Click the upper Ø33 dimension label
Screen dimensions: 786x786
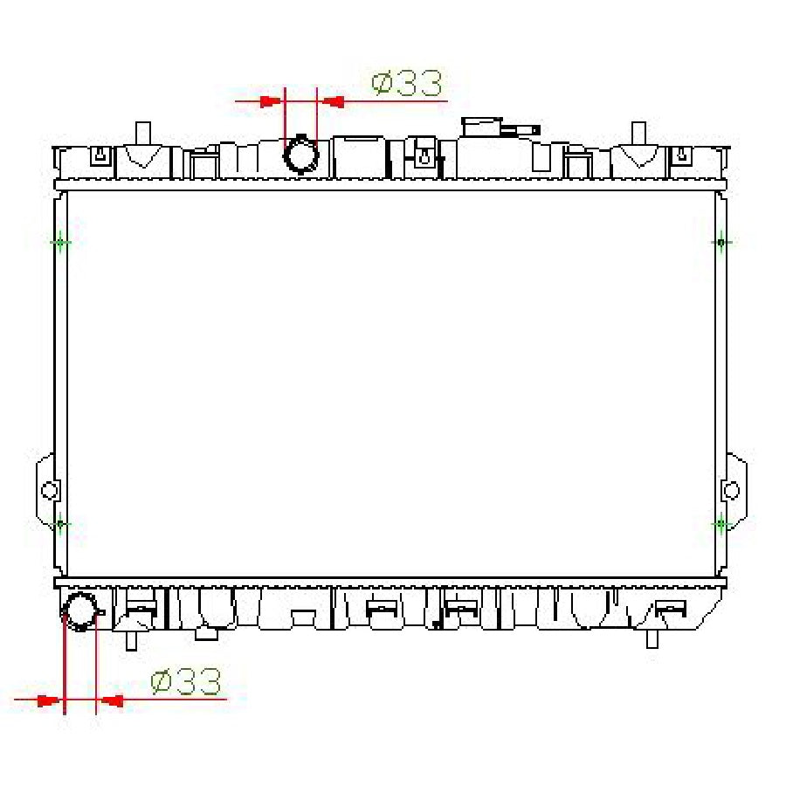(407, 83)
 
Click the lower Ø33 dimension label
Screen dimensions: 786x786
(185, 681)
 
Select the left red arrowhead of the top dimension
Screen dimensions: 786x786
(271, 102)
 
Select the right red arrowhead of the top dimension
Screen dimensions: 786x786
(333, 102)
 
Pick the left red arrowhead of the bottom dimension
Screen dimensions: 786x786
(49, 700)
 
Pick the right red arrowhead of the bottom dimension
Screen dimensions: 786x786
(111, 700)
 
